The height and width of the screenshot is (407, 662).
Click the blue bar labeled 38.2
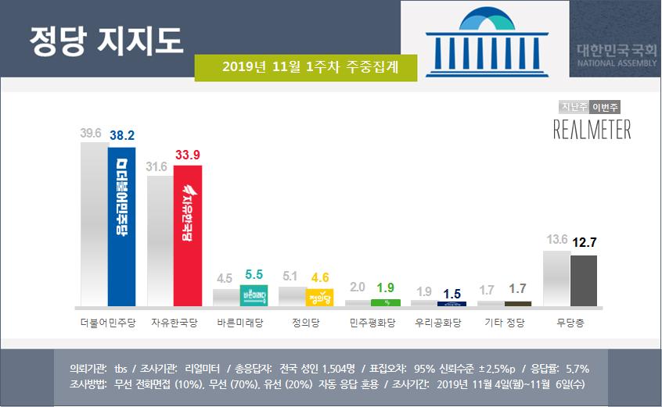click(x=121, y=227)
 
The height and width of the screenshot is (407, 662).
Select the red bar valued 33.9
click(x=188, y=235)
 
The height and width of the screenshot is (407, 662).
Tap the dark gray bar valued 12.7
click(x=583, y=280)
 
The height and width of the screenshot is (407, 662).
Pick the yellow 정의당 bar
click(x=320, y=297)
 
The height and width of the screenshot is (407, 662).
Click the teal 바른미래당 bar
click(x=254, y=295)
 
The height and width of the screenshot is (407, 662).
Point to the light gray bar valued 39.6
click(x=93, y=223)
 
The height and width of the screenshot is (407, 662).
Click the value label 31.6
click(x=158, y=166)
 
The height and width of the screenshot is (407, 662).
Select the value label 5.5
click(x=254, y=274)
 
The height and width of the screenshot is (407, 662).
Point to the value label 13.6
click(x=556, y=239)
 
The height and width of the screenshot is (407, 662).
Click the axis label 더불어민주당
click(x=108, y=322)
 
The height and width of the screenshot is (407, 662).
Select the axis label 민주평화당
click(x=372, y=322)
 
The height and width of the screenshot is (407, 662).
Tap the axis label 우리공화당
click(x=438, y=322)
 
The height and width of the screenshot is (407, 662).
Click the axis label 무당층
click(x=570, y=322)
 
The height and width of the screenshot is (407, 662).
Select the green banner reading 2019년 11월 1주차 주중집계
click(x=305, y=67)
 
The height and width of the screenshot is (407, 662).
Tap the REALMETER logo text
click(x=592, y=130)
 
